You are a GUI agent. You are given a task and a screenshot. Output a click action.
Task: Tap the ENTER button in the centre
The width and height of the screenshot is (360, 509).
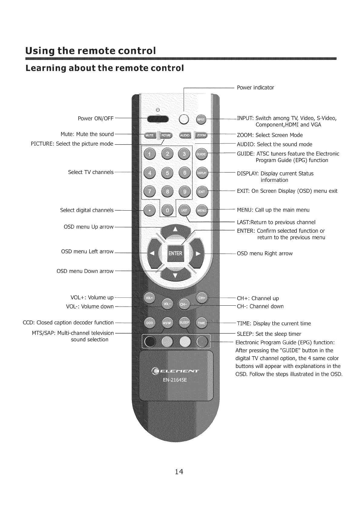[x=175, y=253]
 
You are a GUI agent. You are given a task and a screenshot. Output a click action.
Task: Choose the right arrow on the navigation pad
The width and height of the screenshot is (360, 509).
[x=198, y=254]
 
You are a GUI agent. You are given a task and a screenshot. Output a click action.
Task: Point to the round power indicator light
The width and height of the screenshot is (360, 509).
[x=184, y=119]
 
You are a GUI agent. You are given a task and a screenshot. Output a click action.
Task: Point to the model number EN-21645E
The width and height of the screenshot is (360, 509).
[x=175, y=380]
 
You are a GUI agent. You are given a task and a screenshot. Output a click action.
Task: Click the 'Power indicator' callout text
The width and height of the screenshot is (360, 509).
[x=255, y=88]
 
